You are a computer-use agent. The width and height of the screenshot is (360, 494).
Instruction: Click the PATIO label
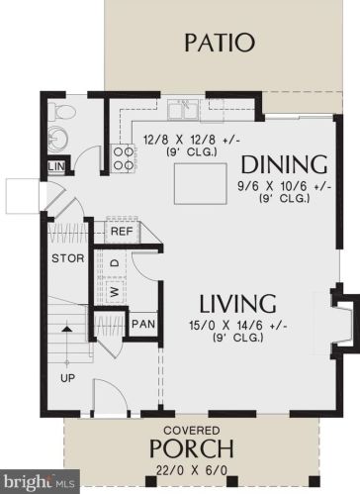point(219,43)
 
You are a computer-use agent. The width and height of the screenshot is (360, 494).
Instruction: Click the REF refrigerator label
point(122,231)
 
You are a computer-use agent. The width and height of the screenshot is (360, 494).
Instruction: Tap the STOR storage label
point(65,259)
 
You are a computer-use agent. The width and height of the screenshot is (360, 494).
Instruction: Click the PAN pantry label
point(142,324)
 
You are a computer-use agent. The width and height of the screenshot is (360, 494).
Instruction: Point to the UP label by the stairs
point(67,378)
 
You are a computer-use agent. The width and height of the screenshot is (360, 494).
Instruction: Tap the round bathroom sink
point(58,138)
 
